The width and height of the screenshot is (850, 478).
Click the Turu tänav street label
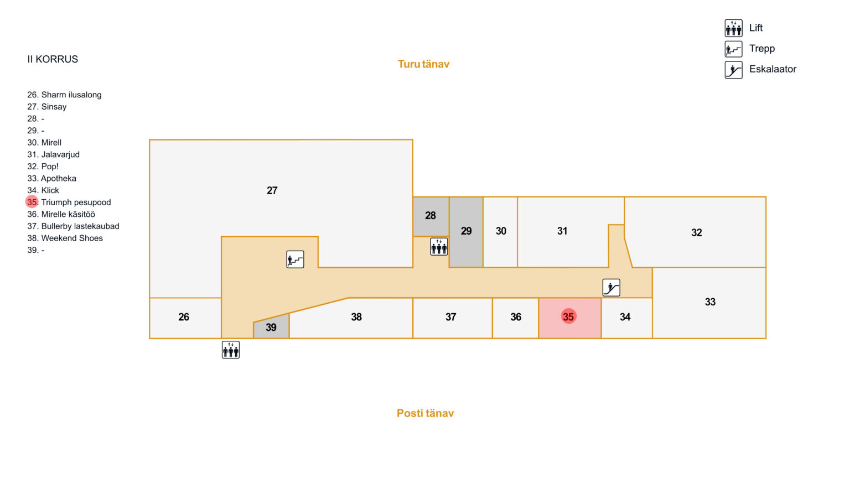click(423, 64)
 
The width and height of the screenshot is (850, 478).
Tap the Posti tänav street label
click(425, 413)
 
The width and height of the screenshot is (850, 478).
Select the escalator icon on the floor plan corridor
click(611, 288)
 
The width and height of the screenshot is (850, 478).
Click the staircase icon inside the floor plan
click(295, 259)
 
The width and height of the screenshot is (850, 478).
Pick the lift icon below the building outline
click(231, 350)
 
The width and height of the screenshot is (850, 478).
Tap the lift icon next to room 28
click(439, 247)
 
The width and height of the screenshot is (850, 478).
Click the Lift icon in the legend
click(733, 28)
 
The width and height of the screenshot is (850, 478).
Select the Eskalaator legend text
click(773, 69)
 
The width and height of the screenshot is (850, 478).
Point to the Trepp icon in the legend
click(733, 49)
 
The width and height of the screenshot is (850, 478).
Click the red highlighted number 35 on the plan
click(568, 316)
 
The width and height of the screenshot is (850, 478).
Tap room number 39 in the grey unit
click(271, 328)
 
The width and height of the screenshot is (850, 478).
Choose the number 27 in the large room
click(272, 190)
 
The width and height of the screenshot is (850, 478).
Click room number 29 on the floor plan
click(467, 231)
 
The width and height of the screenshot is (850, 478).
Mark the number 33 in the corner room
click(711, 302)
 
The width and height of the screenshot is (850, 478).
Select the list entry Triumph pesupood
click(76, 202)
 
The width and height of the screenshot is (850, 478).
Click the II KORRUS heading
click(53, 59)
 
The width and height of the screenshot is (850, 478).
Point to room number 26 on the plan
click(184, 317)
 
